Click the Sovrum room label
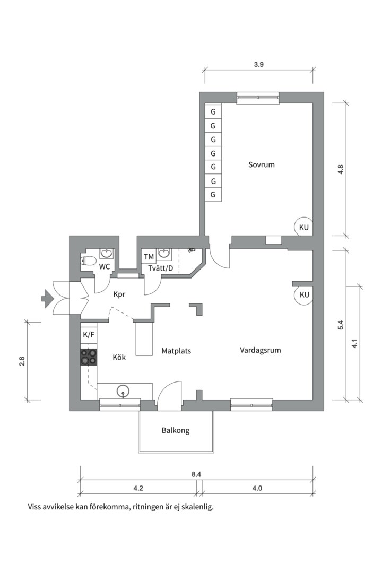click(262, 164)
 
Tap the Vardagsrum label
click(260, 350)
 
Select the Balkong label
click(176, 431)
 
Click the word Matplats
click(176, 351)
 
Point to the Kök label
click(119, 358)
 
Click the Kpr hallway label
click(119, 294)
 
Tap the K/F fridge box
click(89, 335)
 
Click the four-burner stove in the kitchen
click(89, 357)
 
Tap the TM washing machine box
click(149, 257)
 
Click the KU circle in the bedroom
click(303, 227)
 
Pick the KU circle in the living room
click(304, 295)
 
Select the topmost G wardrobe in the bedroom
click(213, 112)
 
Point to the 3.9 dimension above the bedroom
click(259, 64)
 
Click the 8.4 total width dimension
click(196, 474)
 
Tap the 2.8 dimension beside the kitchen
click(22, 361)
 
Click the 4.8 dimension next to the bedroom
click(341, 170)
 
